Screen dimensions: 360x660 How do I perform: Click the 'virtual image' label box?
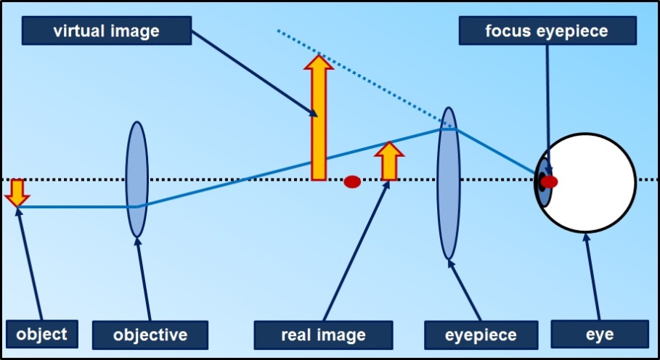click(106, 30)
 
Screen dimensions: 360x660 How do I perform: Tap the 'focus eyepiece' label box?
click(547, 31)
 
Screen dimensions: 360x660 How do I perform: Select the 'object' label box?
click(41, 334)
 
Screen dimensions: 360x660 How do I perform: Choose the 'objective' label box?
click(150, 335)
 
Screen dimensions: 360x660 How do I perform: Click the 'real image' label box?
click(322, 335)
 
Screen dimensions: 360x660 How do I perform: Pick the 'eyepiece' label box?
click(480, 335)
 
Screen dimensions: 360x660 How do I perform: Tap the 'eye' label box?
click(599, 335)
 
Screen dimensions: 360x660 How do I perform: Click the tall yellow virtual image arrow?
click(318, 123)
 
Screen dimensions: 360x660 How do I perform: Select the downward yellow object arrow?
click(16, 192)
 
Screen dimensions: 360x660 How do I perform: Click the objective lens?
click(137, 179)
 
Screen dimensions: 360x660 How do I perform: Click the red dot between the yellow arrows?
click(352, 181)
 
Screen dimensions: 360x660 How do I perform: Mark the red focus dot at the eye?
click(550, 181)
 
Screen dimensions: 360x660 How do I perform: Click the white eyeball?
click(595, 181)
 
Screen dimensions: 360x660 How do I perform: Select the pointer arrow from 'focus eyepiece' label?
click(547, 109)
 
